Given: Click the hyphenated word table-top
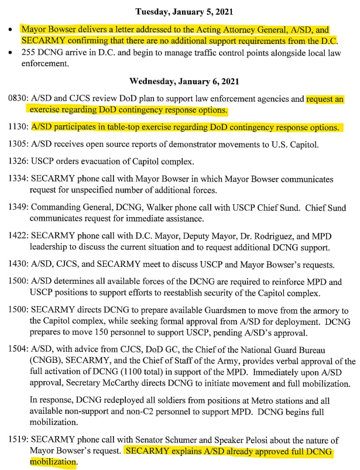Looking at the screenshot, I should click(124, 127).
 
